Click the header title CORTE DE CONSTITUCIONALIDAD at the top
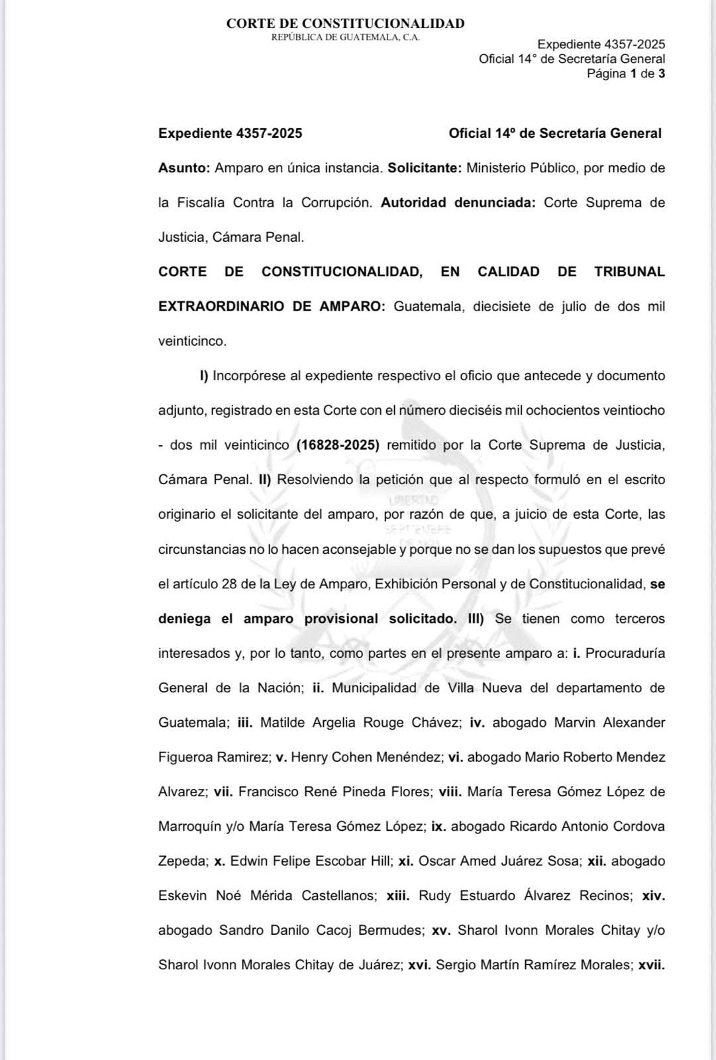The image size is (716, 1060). pyautogui.click(x=345, y=24)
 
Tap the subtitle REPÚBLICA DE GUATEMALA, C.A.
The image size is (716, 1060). pyautogui.click(x=345, y=38)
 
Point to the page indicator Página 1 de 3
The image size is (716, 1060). pyautogui.click(x=625, y=74)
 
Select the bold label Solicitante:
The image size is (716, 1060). pyautogui.click(x=425, y=168)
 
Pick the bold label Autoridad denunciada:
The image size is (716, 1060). pyautogui.click(x=458, y=203)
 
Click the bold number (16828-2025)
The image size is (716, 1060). pyautogui.click(x=338, y=445)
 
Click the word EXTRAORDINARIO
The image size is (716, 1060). pyautogui.click(x=221, y=307)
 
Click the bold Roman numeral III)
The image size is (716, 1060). pyautogui.click(x=476, y=619)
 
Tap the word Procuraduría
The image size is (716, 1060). pyautogui.click(x=625, y=653)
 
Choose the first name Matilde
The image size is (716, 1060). pyautogui.click(x=283, y=723)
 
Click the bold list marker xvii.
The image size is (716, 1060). pyautogui.click(x=651, y=965)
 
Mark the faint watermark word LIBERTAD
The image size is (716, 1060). pyautogui.click(x=414, y=500)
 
